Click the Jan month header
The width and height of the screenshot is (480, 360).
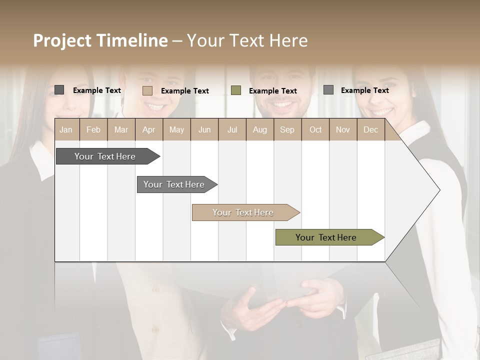[x=66, y=130]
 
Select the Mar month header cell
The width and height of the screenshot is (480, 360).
[x=121, y=130]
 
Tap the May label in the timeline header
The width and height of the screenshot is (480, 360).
[x=176, y=130]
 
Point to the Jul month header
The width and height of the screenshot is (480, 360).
[x=232, y=130]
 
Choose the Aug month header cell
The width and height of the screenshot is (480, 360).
[x=259, y=130]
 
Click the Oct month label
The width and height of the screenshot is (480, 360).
[x=315, y=130]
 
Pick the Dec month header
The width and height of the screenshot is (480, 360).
[x=370, y=130]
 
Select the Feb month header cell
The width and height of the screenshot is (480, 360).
[x=93, y=130]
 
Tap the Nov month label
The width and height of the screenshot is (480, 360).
[x=343, y=130]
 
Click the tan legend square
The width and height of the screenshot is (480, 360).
[x=147, y=90]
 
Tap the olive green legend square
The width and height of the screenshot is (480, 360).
[x=236, y=90]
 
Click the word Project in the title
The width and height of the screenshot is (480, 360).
[x=62, y=40]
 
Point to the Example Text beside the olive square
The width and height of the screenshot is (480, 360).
[x=272, y=91]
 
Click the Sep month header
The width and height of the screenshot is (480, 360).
[x=287, y=130]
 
